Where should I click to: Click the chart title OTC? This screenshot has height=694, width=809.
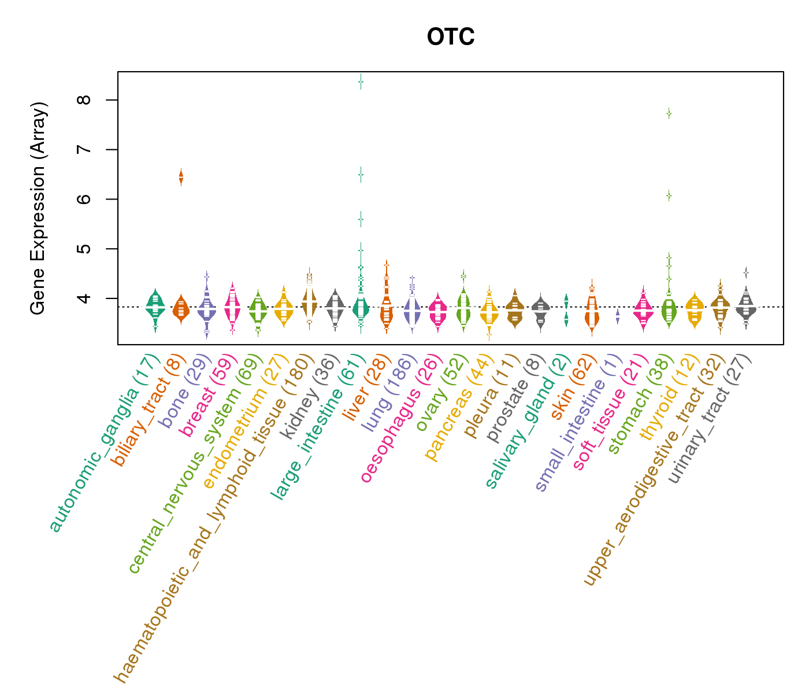point(450,38)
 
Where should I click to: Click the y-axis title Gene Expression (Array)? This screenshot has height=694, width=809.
point(38,208)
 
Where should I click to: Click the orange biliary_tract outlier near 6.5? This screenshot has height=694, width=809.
point(181,177)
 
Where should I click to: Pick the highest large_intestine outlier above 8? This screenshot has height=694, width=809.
point(361,82)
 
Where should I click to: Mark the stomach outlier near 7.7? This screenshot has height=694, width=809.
point(669,113)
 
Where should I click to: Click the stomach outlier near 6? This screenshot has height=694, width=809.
point(669,195)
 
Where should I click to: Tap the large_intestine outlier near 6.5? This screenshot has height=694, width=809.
point(361,174)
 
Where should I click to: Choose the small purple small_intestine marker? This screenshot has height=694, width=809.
point(618,316)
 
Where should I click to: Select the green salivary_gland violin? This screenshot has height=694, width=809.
point(566,310)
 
